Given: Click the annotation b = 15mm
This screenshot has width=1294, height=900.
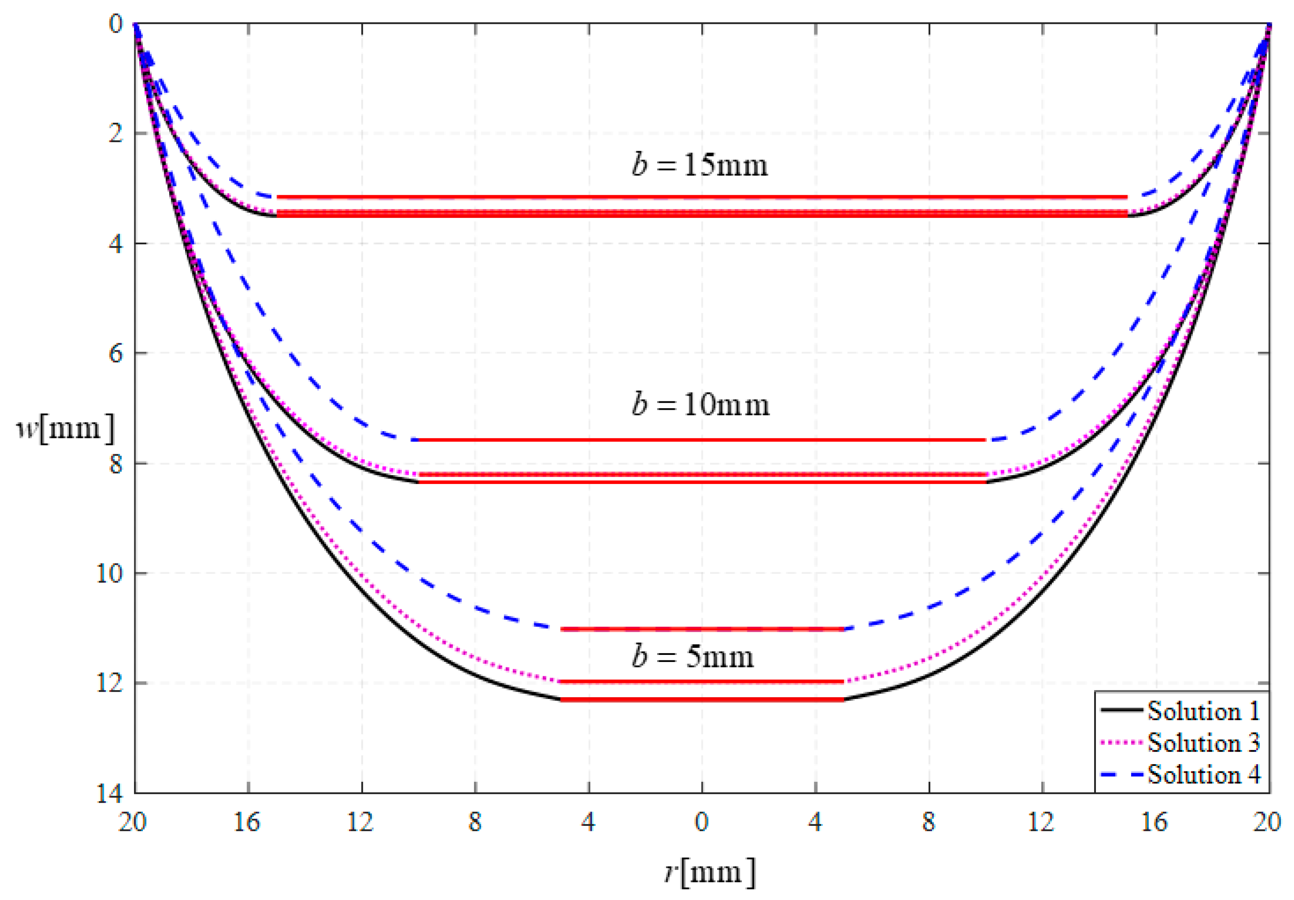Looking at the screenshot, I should click(700, 165).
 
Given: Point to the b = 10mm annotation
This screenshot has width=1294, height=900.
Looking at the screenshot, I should click(700, 405).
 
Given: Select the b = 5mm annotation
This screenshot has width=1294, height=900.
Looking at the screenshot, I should click(692, 657).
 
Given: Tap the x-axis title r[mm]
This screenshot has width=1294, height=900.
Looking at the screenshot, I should click(709, 872).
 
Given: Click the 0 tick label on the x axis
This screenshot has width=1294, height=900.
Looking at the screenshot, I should click(702, 823).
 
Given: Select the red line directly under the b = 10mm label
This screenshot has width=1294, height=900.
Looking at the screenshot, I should click(702, 440).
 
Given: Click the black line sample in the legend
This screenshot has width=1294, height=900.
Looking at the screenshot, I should click(1121, 711).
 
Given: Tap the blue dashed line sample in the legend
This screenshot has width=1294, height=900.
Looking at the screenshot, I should click(1121, 774).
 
